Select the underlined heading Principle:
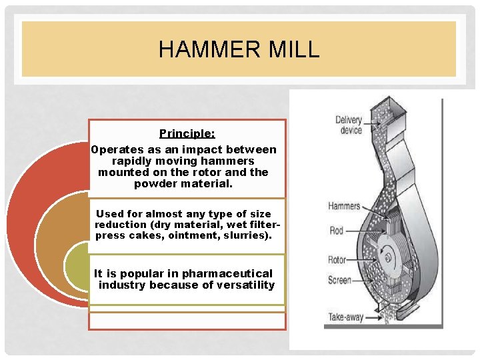point(187,134)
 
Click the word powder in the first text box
point(155,183)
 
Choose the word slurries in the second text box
point(247,235)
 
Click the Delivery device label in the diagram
point(348,125)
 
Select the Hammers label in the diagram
point(344,206)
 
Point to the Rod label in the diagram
point(336,231)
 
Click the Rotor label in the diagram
point(337,260)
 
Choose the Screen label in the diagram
point(339,281)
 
